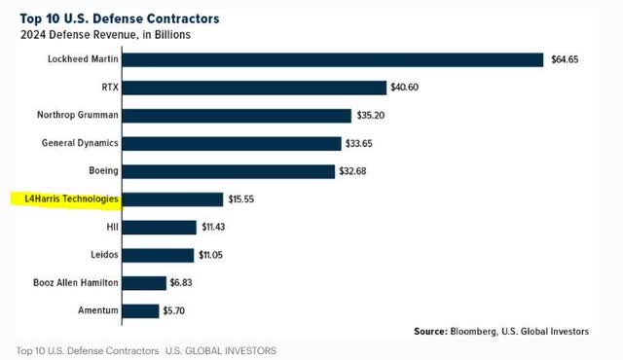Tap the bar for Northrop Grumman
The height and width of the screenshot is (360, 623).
coord(238,116)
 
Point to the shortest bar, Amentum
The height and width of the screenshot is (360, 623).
coord(141,311)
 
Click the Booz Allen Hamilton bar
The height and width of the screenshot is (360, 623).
coord(145,283)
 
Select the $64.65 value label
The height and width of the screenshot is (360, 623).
coord(567,59)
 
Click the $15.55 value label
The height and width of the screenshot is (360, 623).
coord(243,199)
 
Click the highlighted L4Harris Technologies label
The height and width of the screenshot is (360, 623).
coord(70,199)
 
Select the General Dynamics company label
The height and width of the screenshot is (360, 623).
coord(80,143)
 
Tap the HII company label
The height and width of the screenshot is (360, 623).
coord(112,228)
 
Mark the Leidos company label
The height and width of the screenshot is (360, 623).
coord(105,255)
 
